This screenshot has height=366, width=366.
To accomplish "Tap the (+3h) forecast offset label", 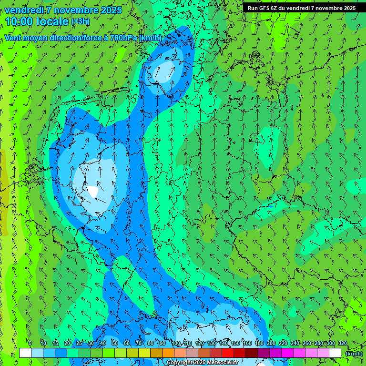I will pos(80,21).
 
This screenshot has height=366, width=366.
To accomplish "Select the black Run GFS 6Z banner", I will pos(302,8).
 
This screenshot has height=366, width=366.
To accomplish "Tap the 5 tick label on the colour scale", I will pos(30,343).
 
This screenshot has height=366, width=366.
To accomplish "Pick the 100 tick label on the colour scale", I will pos(176,343).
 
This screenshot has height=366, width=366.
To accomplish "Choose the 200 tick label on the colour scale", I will pos(271,343).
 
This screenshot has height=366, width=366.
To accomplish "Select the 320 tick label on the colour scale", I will pos(343,343).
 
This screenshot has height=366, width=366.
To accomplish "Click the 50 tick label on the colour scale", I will pos(115,343).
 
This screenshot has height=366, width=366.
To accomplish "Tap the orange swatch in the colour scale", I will pos(168,353).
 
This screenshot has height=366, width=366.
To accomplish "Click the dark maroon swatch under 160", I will pos(252,353).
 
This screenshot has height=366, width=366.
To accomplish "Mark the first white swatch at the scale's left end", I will pos(25,353).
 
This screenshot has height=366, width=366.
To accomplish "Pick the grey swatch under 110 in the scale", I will pos(192,353).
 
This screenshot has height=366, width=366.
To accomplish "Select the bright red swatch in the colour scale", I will pos(228,353).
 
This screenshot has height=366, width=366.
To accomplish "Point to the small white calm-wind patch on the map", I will pos(92,191).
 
